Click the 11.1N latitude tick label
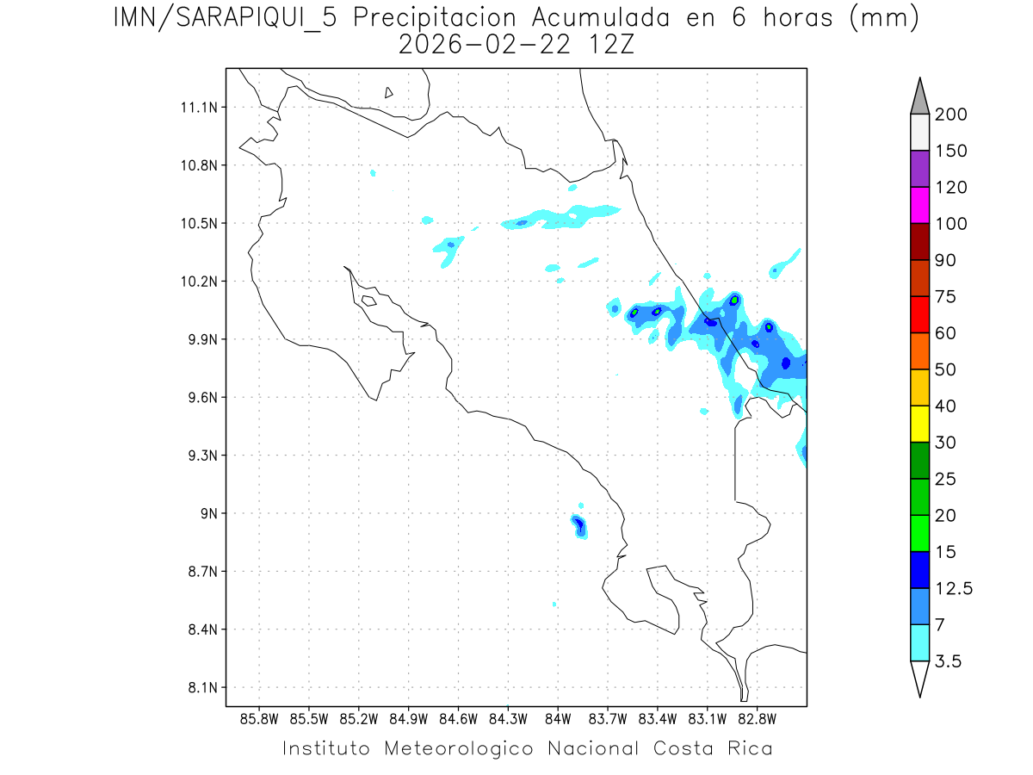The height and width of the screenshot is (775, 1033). [x=196, y=108]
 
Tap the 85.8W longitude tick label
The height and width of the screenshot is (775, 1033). [x=259, y=718]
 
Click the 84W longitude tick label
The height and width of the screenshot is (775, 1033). [x=558, y=718]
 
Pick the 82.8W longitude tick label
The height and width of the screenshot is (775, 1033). [x=758, y=718]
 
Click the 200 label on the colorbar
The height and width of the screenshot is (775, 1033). [x=950, y=115]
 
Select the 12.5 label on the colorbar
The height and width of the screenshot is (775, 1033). [x=955, y=588]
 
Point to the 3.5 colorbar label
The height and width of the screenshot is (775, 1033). [x=949, y=661]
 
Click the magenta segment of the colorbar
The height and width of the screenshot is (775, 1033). [x=919, y=205]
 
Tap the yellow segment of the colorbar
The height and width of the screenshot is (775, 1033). [x=919, y=424]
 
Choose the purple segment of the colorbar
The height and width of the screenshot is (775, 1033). [x=919, y=169]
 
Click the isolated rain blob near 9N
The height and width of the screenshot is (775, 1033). [x=579, y=524]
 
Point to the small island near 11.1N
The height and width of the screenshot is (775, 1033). [x=389, y=92]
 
